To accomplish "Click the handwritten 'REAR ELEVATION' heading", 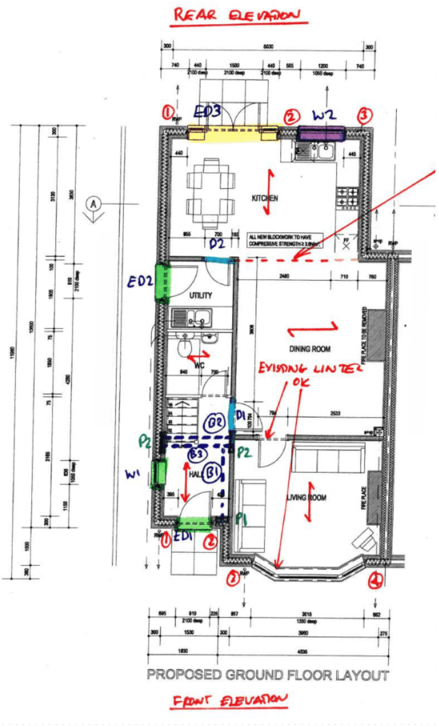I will pyautogui.click(x=237, y=15).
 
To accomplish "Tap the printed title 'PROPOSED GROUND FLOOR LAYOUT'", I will pyautogui.click(x=268, y=675).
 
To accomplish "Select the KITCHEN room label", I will pyautogui.click(x=265, y=198).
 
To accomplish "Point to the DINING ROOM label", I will pyautogui.click(x=310, y=349).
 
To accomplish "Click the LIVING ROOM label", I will pyautogui.click(x=307, y=497).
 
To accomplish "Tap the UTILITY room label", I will pyautogui.click(x=201, y=295).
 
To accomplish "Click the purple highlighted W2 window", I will pyautogui.click(x=321, y=134).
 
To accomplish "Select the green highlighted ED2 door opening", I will pyautogui.click(x=162, y=282).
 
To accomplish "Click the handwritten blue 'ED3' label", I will pyautogui.click(x=207, y=111).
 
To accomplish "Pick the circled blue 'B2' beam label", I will pyautogui.click(x=215, y=423).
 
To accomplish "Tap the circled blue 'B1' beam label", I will pyautogui.click(x=212, y=472).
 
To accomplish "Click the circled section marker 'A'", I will pyautogui.click(x=93, y=204).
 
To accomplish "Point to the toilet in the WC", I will pyautogui.click(x=184, y=347).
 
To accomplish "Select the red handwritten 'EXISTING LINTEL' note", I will pyautogui.click(x=309, y=369).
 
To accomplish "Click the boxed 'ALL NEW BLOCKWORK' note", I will pyautogui.click(x=285, y=240).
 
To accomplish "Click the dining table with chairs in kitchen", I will pyautogui.click(x=211, y=193).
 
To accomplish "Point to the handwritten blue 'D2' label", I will pyautogui.click(x=217, y=244).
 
